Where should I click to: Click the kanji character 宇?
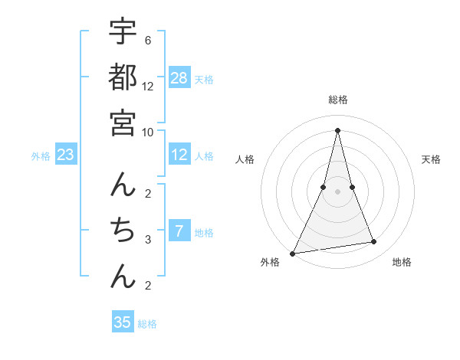click(x=123, y=32)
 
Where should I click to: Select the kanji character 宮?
click(x=123, y=123)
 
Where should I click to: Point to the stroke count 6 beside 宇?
click(x=147, y=40)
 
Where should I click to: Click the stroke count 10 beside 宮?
click(x=147, y=132)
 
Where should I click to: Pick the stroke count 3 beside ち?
click(x=147, y=240)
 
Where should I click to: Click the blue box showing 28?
click(x=179, y=78)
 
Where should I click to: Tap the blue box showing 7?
click(x=179, y=231)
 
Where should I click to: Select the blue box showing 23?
click(x=66, y=155)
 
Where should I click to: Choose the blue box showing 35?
click(x=123, y=322)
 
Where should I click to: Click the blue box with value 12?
click(x=179, y=155)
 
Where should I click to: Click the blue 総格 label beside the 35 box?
click(x=147, y=324)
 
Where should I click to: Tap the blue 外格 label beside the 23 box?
click(x=41, y=156)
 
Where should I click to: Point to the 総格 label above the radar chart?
click(x=337, y=100)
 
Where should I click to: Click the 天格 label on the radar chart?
click(x=432, y=159)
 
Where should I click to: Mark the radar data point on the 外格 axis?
click(x=292, y=253)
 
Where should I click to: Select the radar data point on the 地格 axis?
click(x=374, y=242)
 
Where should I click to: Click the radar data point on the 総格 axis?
click(x=337, y=129)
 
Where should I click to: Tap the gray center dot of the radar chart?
click(x=337, y=191)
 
